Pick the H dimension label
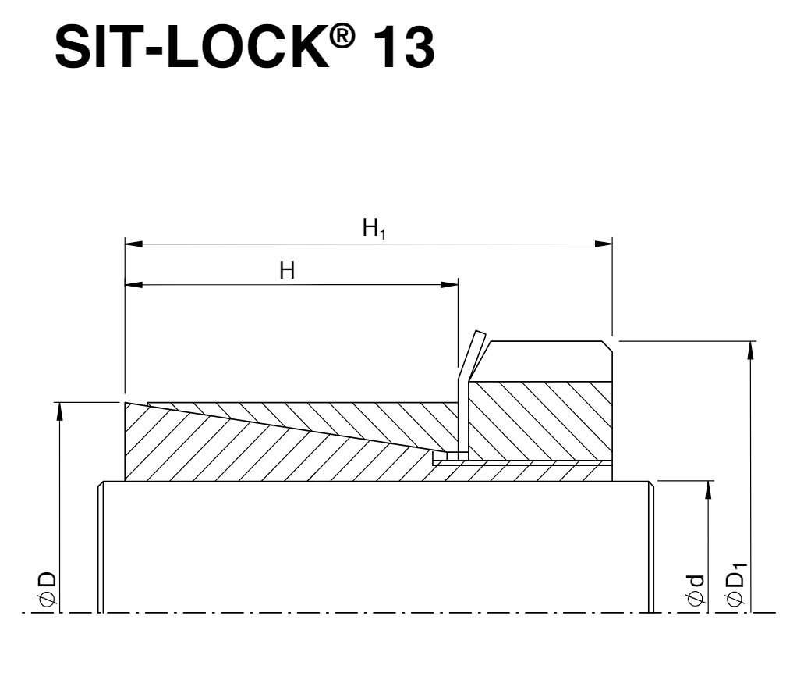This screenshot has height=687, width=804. pos(287,271)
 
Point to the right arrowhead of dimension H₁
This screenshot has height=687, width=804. pos(604,244)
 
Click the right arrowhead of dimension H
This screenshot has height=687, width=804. pos(450,285)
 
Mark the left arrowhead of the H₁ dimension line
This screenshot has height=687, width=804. pos(133,244)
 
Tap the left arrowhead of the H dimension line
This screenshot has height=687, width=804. pos(133,285)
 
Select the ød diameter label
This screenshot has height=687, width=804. pos(696,589)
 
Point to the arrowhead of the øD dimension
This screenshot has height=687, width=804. pos(59,410)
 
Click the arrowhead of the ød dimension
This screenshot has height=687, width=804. pos(708,489)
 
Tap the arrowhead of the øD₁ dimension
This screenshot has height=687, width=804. pos(750,349)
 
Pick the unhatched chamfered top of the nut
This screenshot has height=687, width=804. pos(546,361)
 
